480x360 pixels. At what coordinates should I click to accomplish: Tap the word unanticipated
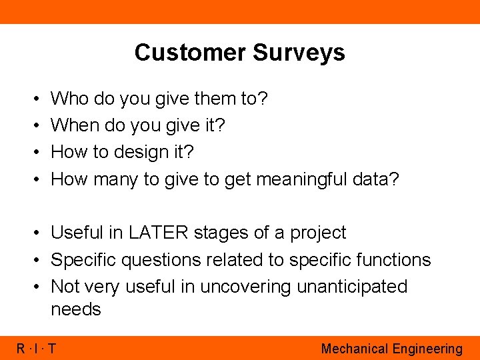352,287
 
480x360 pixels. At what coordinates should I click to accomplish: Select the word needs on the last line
76,310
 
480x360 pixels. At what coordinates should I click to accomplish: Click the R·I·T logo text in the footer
37,349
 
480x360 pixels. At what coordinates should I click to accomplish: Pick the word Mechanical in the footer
354,349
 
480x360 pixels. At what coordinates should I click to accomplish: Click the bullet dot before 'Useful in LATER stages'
37,233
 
